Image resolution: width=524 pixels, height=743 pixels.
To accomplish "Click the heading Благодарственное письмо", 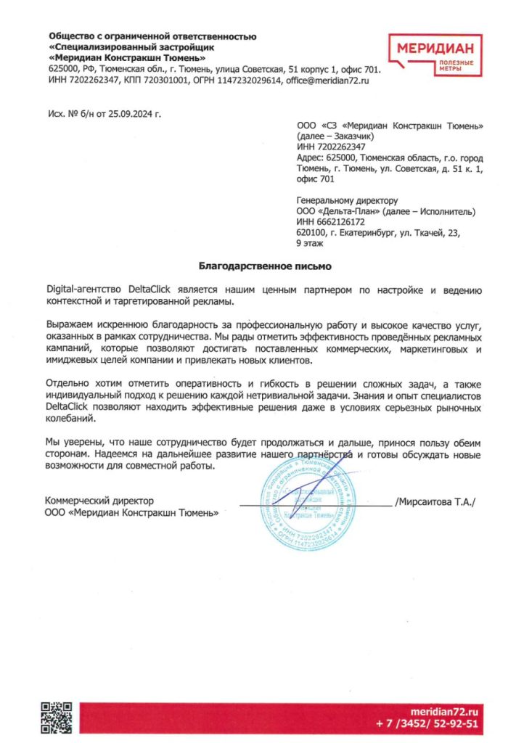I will pos(254,266).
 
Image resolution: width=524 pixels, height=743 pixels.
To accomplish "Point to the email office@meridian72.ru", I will pos(327,81).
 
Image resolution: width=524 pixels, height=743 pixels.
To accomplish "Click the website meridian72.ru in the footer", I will pos(444,713).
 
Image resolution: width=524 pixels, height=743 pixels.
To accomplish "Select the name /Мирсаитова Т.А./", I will pos(434,501).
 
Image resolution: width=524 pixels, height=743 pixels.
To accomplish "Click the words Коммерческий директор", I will pos(99,501).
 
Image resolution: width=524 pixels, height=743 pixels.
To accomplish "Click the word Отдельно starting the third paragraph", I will pos(67,382).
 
